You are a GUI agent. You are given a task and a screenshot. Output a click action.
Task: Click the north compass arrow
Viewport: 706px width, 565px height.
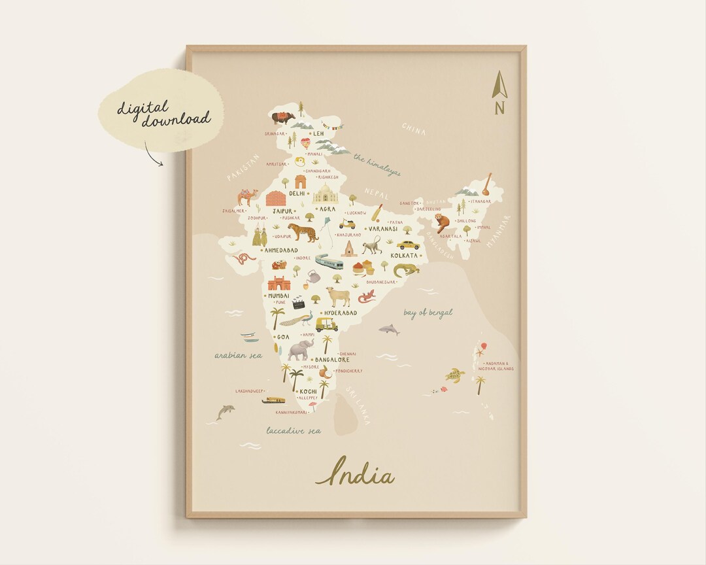tap(499, 86)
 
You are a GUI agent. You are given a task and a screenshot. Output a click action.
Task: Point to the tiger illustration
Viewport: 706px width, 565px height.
tap(303, 231)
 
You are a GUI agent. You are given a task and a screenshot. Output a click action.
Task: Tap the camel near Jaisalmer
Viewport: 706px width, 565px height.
tap(247, 197)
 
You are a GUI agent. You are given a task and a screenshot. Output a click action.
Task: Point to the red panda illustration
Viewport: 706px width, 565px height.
tap(444, 223)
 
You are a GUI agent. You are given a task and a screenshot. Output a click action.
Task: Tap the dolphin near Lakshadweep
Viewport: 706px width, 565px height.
tap(226, 411)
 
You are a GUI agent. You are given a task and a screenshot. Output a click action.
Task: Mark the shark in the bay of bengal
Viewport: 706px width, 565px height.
tap(390, 330)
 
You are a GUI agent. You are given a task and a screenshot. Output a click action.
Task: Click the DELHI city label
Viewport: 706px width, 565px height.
tap(297, 194)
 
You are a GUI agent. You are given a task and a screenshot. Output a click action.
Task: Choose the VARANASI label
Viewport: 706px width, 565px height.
tap(383, 229)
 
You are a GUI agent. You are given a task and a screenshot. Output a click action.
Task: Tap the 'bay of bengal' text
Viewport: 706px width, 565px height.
tap(428, 313)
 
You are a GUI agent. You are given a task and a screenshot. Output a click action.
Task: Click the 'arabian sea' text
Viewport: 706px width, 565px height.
tap(239, 355)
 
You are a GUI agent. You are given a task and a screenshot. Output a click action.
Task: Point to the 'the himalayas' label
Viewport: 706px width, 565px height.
tap(377, 165)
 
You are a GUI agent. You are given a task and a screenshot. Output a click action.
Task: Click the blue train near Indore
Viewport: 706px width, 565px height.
tap(329, 262)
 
